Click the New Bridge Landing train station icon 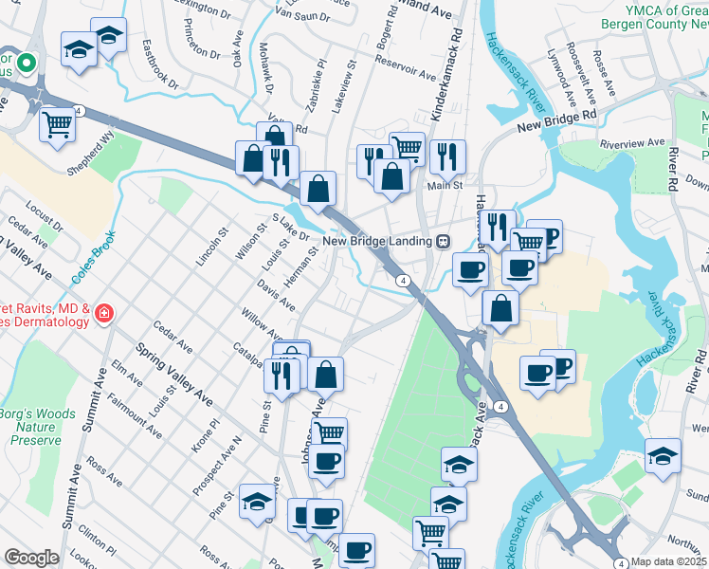point(443,241)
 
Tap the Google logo point(31,558)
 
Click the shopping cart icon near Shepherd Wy point(58,124)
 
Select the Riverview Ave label point(634,143)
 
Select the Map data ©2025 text point(668,561)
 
